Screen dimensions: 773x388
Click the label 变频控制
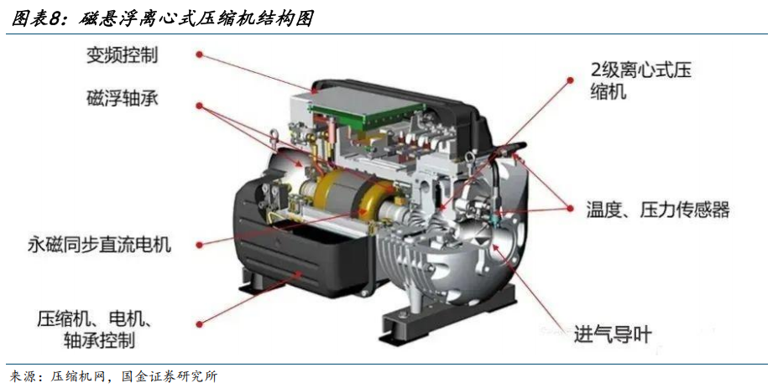[x=123, y=54]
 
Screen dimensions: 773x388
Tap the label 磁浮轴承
[x=123, y=99]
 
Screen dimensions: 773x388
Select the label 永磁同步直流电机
[x=99, y=244]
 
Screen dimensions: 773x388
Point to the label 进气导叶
[x=613, y=335]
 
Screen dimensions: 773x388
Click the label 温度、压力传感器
[x=658, y=210]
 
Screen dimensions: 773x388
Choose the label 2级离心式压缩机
[x=641, y=80]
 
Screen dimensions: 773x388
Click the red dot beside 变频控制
[x=200, y=54]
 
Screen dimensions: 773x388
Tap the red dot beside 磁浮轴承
[x=200, y=106]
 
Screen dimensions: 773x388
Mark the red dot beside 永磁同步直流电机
[x=200, y=245]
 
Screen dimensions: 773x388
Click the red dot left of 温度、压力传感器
[x=571, y=209]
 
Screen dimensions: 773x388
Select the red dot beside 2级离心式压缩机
[x=571, y=80]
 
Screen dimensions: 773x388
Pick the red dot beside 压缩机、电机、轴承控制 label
[x=200, y=324]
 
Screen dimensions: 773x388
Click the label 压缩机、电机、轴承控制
[x=95, y=329]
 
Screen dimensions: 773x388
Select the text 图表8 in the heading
[x=39, y=18]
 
